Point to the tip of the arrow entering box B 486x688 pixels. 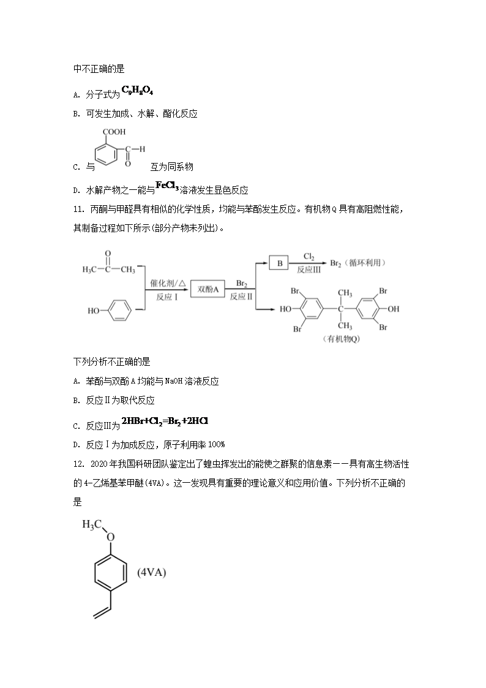tap(269, 263)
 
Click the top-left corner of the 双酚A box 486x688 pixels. tap(190, 281)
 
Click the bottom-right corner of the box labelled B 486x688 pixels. tap(288, 270)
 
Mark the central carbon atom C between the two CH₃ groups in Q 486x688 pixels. tap(341, 309)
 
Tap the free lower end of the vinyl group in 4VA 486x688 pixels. tap(94, 618)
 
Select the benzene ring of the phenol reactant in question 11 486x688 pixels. tap(119, 311)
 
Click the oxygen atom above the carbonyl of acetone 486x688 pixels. tap(108, 254)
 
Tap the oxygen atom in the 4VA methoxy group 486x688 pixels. tap(110, 537)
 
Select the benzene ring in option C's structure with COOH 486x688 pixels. tap(106, 154)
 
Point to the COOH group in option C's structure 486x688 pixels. tap(114, 132)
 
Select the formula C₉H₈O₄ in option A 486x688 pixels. tap(137, 91)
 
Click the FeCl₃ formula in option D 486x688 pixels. tap(167, 186)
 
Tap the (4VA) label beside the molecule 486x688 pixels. tap(152, 573)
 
